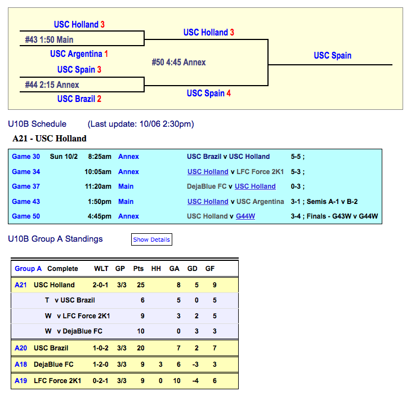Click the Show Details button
tap(151, 239)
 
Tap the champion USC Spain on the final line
tap(332, 55)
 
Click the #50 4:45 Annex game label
tap(179, 62)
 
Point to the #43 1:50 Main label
tap(50, 40)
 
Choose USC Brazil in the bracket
tap(79, 99)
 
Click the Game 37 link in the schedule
tap(26, 186)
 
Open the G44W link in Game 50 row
tap(245, 216)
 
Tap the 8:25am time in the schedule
tap(100, 157)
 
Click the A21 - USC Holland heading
tap(50, 139)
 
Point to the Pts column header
tap(139, 269)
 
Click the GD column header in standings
tap(192, 269)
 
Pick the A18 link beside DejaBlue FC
tap(21, 365)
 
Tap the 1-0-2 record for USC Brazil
tap(101, 348)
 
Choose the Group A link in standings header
tap(28, 269)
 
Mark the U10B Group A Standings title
tap(55, 239)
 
